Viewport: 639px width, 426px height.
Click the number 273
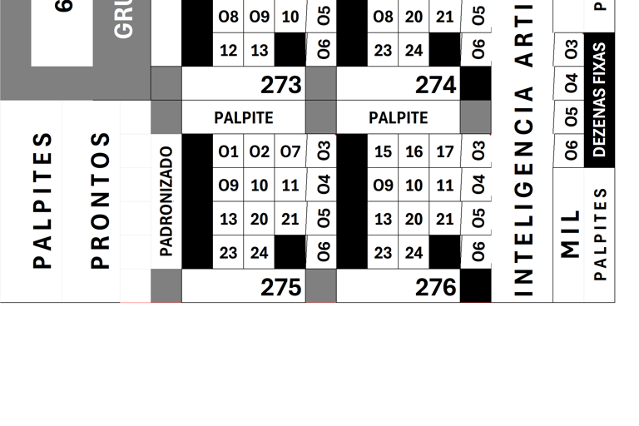[280, 85]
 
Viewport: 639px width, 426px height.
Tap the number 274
[435, 85]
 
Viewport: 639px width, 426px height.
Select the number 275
[280, 287]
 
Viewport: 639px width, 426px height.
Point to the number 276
[435, 287]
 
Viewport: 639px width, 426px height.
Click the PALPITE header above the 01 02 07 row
[243, 118]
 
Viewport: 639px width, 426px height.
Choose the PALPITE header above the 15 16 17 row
[398, 118]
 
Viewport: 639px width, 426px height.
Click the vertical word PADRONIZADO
[166, 201]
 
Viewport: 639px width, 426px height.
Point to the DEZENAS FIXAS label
[599, 100]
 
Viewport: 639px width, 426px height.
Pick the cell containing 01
[228, 152]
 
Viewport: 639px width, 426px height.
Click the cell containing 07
[290, 152]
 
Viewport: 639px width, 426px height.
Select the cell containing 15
[383, 152]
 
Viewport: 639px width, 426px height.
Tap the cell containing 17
[445, 152]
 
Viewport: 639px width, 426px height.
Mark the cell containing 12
[228, 51]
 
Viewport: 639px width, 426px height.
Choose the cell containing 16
[414, 152]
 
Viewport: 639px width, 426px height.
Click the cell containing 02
[260, 152]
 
